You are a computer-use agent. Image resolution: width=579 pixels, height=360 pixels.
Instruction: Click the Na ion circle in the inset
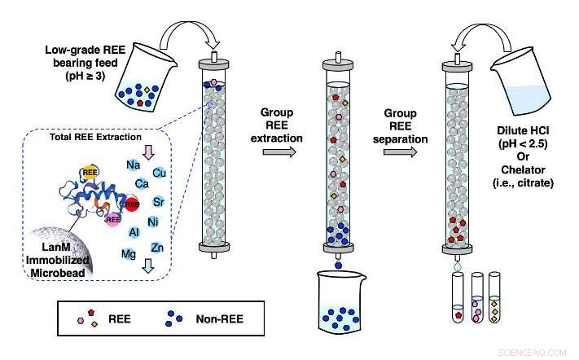coord(134,166)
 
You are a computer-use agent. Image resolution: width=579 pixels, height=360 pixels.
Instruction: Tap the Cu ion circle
coord(160,173)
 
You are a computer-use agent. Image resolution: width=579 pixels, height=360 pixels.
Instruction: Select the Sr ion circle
coord(160,201)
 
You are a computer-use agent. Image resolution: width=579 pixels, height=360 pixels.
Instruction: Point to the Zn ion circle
coord(158,247)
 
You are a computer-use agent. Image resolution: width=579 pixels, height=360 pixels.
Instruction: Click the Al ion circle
coord(134,232)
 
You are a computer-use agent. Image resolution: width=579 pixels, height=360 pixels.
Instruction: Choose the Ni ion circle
coord(152,222)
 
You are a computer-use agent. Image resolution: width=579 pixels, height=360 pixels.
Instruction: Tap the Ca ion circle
coord(142,184)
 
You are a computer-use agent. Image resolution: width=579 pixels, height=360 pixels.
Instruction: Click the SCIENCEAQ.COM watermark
coord(538,352)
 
